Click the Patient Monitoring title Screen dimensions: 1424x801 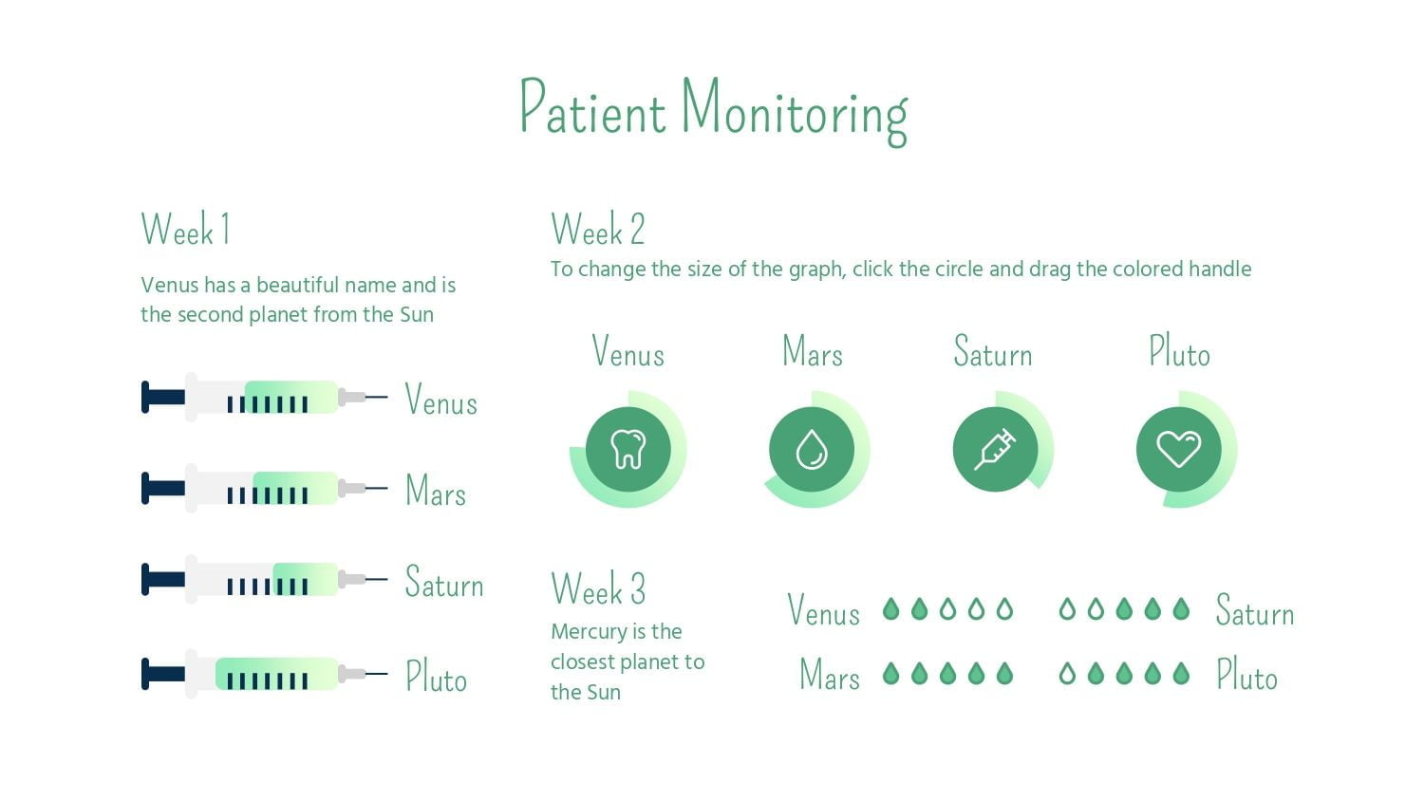click(714, 112)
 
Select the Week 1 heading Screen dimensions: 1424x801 click(185, 229)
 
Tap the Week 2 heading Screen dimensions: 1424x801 click(598, 229)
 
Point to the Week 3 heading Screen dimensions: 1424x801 click(598, 587)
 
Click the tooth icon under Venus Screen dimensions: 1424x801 click(628, 449)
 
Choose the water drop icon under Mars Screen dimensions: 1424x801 click(812, 450)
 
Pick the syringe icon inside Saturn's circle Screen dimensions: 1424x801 click(996, 449)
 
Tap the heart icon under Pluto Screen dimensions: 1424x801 click(1179, 449)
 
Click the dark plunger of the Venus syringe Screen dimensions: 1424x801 click(163, 398)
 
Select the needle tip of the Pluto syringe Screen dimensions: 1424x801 click(386, 673)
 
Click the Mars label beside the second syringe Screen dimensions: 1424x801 click(436, 490)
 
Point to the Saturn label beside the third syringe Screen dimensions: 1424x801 click(444, 581)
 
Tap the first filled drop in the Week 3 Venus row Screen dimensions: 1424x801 click(891, 609)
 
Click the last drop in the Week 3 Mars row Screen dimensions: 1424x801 click(1004, 673)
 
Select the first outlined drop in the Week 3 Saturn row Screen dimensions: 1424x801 click(1067, 609)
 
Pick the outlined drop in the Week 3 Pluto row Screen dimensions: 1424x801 click(1067, 673)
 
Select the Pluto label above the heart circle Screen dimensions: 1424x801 click(1180, 351)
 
